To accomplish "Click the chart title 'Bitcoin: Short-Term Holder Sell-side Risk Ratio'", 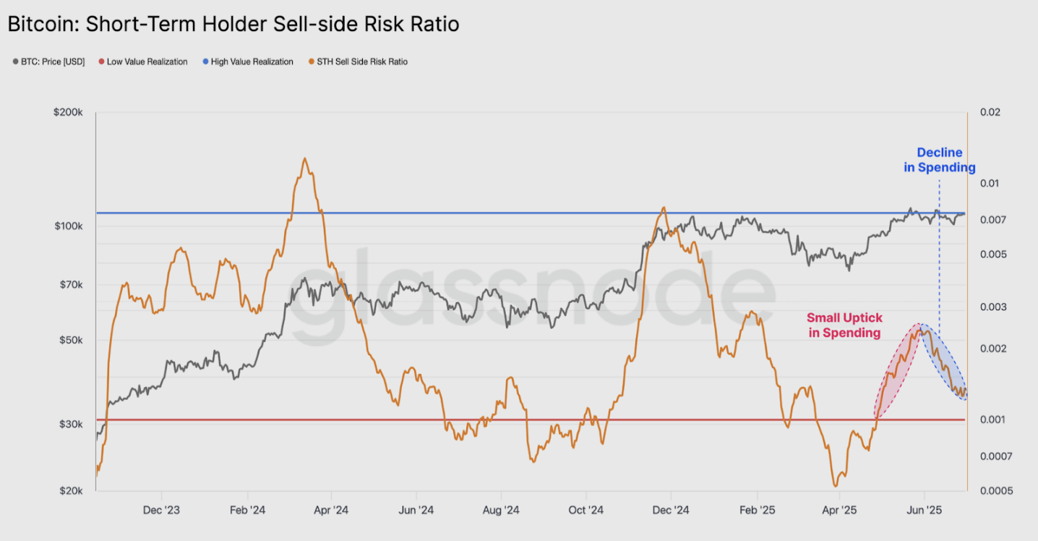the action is (x=233, y=24).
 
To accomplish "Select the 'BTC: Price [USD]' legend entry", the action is (x=48, y=61).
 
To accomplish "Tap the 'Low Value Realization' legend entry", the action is (x=143, y=61).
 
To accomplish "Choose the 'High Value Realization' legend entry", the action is (x=248, y=61).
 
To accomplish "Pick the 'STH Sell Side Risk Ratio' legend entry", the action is (x=359, y=61).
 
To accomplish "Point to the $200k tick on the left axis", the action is (x=68, y=112).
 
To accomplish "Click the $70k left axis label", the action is (x=71, y=285).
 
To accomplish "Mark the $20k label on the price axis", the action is (x=71, y=490).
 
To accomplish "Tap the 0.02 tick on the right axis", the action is (x=990, y=112).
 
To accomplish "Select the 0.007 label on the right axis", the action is (x=993, y=220).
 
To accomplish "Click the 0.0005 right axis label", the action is (x=996, y=490).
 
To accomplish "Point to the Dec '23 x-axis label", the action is (x=161, y=511).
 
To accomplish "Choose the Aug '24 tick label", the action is (x=501, y=511).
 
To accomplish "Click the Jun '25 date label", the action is (x=924, y=511).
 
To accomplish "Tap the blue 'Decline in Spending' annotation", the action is (x=940, y=160).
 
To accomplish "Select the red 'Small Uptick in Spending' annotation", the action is (x=844, y=325).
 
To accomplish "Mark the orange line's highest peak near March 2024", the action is (x=304, y=158).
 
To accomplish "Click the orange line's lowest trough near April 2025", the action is (x=836, y=485).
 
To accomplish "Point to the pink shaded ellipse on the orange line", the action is (x=898, y=370).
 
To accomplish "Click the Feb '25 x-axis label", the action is (x=758, y=511).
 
